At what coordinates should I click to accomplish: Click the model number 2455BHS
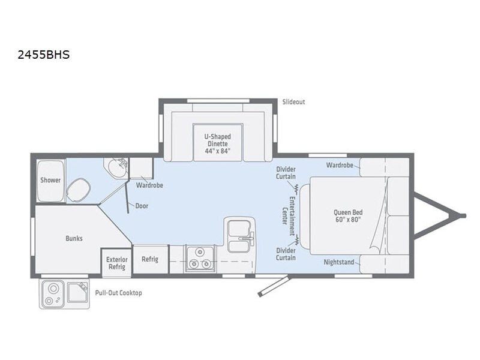[44, 55]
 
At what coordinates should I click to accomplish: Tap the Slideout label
[293, 102]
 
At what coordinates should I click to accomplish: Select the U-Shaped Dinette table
[218, 142]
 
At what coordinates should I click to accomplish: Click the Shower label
[50, 180]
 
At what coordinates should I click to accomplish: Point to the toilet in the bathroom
[79, 190]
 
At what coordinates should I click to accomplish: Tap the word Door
[142, 206]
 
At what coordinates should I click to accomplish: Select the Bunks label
[74, 238]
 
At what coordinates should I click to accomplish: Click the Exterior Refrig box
[116, 263]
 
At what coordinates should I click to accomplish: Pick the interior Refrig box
[151, 259]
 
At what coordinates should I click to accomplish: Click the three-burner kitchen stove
[200, 259]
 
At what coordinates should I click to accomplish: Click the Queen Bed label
[348, 216]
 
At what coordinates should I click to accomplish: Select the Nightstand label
[339, 262]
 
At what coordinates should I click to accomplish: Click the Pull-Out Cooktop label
[118, 293]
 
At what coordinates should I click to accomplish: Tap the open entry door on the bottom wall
[274, 286]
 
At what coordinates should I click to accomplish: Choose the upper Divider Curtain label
[286, 173]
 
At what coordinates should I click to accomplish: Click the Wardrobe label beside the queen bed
[340, 166]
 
